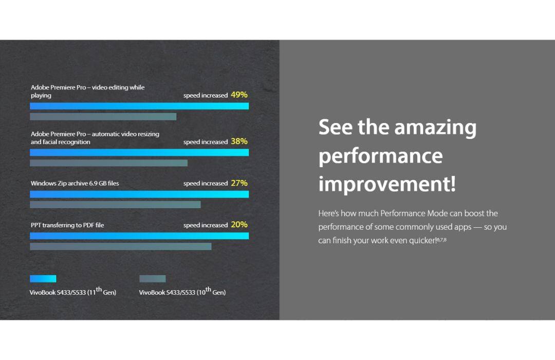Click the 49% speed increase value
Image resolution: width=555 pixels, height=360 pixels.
click(239, 95)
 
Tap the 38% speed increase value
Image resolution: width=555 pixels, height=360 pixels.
click(239, 141)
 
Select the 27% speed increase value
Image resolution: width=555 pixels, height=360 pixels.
click(239, 183)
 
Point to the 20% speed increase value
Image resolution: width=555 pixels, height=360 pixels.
click(239, 225)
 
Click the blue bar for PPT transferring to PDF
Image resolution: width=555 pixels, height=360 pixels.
click(139, 236)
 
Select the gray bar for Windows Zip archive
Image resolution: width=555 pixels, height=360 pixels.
click(116, 205)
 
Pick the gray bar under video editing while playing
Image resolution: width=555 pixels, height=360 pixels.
click(103, 117)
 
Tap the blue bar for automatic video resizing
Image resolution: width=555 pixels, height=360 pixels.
click(139, 152)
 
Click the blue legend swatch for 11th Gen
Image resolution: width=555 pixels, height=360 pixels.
click(43, 279)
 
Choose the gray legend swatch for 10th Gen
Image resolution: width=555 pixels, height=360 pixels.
click(153, 279)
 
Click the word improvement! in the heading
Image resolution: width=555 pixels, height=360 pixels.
click(387, 184)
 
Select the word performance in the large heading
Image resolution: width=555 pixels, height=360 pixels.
click(380, 156)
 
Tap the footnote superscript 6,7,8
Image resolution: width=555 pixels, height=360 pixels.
click(442, 240)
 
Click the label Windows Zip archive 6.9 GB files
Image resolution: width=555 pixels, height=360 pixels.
click(75, 183)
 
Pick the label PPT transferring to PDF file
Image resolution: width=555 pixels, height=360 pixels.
click(67, 225)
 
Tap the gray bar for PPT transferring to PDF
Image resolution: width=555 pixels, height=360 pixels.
click(121, 246)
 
